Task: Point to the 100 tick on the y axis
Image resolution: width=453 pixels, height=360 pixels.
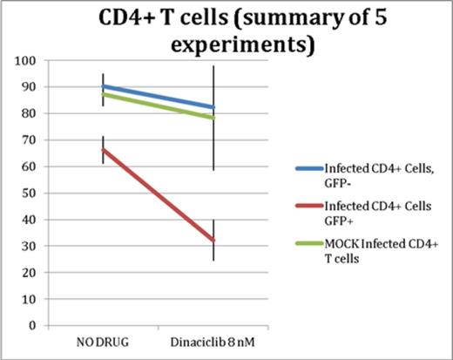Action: click(x=35, y=60)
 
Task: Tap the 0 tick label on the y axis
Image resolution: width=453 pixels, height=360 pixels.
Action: click(x=40, y=325)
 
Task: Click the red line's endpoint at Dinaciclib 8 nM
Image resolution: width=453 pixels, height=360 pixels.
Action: click(x=214, y=241)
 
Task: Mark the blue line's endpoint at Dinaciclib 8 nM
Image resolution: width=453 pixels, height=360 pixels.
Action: click(x=214, y=107)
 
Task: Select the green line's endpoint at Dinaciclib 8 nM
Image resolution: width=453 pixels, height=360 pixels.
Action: click(x=214, y=118)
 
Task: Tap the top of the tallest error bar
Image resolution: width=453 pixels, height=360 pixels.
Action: click(x=214, y=65)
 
